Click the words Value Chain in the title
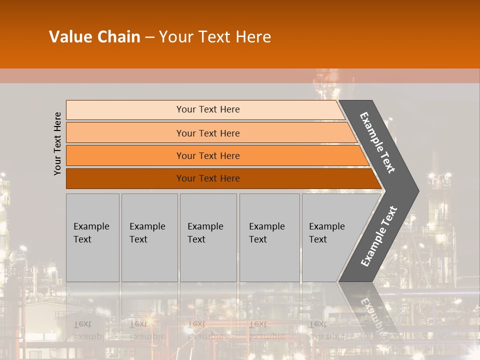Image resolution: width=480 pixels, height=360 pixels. tap(94, 37)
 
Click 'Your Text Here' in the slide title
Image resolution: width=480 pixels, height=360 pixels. tap(215, 37)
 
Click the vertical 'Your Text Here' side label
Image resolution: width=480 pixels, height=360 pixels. tap(57, 143)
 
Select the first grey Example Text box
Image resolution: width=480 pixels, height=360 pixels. tap(92, 237)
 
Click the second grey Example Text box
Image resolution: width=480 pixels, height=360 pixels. tap(149, 237)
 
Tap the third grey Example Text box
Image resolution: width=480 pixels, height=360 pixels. tap(208, 237)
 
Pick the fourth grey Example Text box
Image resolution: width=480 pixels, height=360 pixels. tap(269, 237)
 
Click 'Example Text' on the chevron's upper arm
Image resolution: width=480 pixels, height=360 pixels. tap(378, 142)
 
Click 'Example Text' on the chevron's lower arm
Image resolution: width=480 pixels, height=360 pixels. tap(379, 236)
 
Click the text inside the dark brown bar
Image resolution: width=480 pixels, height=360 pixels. tap(208, 178)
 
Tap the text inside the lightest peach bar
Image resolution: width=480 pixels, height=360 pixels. tap(208, 109)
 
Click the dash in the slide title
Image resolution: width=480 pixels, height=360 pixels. tap(149, 37)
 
